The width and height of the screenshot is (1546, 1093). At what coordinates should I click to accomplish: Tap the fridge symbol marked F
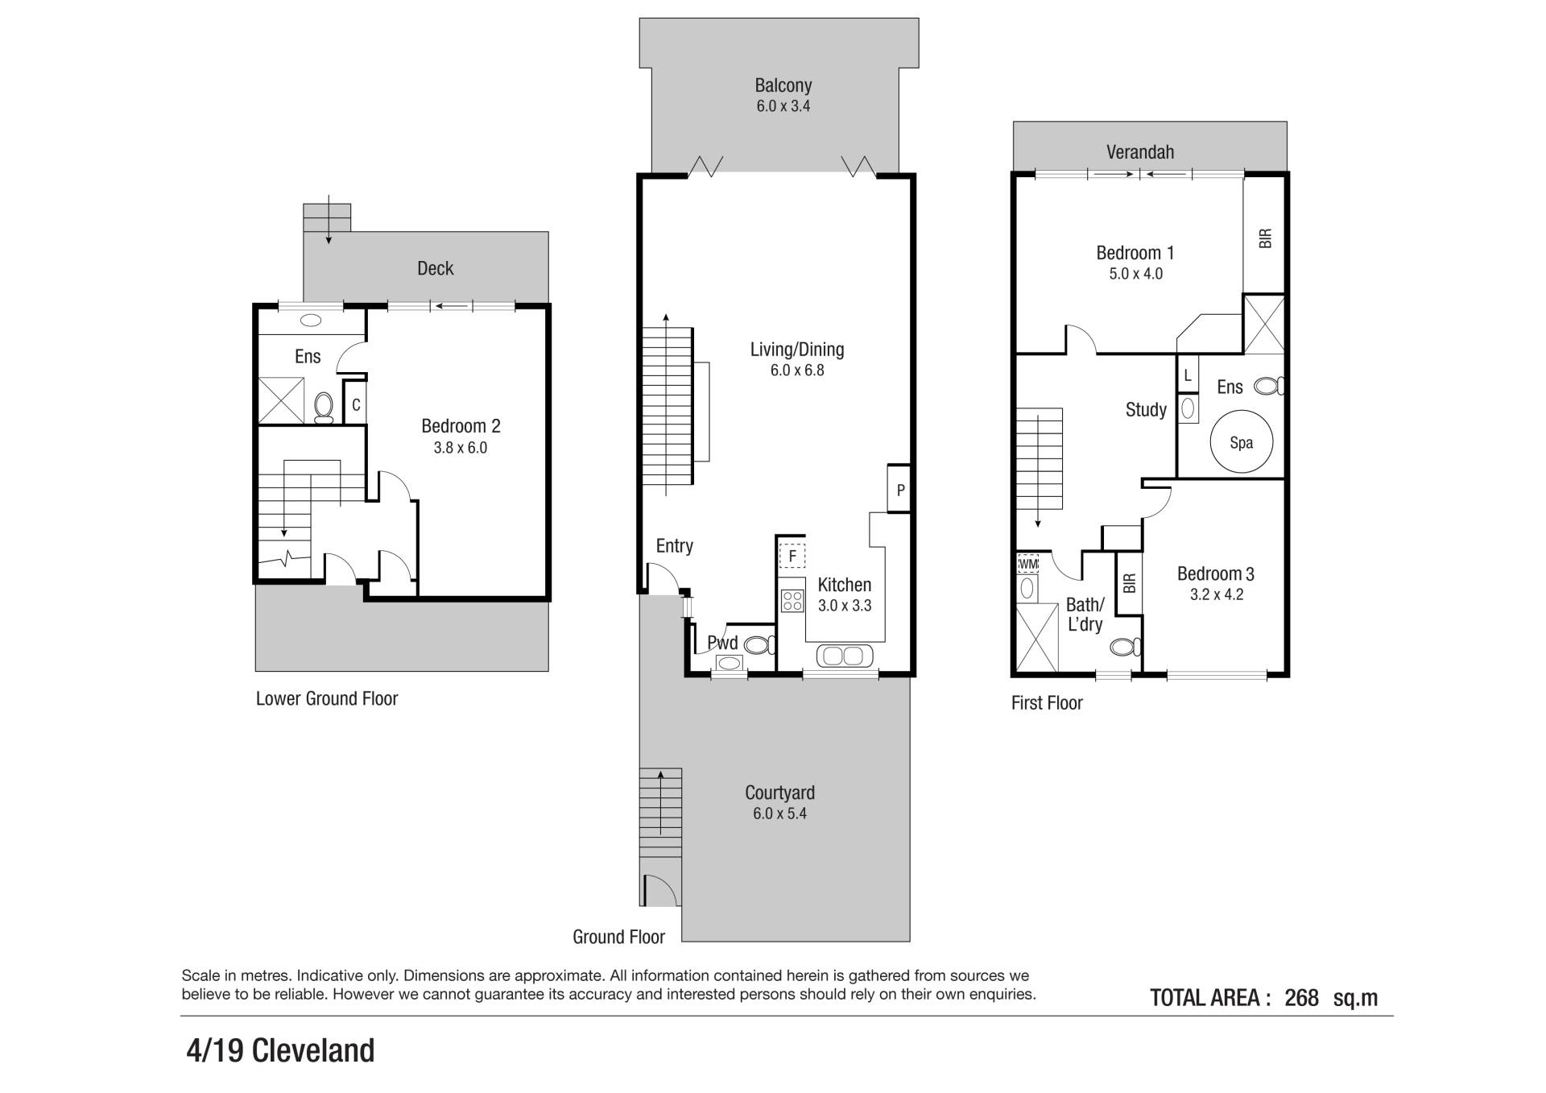(x=792, y=556)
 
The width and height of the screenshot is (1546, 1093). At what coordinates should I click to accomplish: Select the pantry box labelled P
(x=899, y=489)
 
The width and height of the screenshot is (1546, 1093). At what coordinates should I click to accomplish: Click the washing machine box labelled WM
(x=1028, y=563)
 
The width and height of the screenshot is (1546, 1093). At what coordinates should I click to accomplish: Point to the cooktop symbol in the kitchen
(x=792, y=601)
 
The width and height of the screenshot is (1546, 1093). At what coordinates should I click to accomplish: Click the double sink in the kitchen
(x=844, y=656)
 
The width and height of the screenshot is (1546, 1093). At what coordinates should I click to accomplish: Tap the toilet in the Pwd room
(x=759, y=644)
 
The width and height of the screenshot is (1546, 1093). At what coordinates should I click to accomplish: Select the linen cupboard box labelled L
(x=1188, y=375)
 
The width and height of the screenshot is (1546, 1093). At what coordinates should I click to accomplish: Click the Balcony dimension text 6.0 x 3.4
(x=783, y=106)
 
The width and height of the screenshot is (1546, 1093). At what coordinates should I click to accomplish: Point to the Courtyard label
(x=779, y=793)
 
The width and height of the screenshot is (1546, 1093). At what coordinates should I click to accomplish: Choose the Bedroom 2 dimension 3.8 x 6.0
(x=461, y=448)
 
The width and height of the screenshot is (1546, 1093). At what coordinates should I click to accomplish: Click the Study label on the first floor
(x=1146, y=410)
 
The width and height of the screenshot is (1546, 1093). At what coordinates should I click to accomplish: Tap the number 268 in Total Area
(x=1301, y=998)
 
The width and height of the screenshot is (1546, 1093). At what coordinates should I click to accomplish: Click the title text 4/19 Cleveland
(x=280, y=1051)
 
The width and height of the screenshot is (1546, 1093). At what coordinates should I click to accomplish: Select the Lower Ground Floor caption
(x=327, y=698)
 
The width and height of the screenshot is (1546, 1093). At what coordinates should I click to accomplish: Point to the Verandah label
(x=1140, y=152)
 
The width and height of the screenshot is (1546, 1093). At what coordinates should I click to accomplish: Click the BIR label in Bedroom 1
(x=1265, y=238)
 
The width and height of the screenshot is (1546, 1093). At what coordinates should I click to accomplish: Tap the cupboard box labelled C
(x=356, y=405)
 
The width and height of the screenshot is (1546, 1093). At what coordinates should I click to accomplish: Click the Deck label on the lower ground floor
(x=436, y=268)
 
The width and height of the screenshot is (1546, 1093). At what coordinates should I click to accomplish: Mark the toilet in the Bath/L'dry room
(x=1126, y=646)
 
